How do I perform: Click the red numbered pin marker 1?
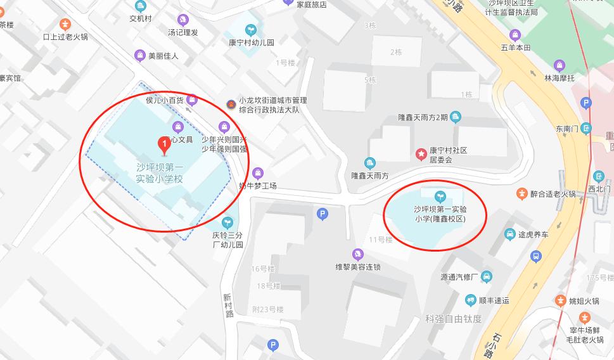click(x=164, y=146)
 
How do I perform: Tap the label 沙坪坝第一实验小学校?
click(x=160, y=173)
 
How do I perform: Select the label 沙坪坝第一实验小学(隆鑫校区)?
click(x=440, y=214)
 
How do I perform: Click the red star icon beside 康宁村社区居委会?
click(x=419, y=153)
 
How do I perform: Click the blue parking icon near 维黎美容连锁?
click(x=323, y=215)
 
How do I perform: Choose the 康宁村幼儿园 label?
click(x=251, y=43)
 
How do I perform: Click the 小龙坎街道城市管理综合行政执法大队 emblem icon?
click(x=231, y=104)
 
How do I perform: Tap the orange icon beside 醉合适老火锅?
click(x=521, y=193)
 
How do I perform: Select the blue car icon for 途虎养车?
click(x=509, y=235)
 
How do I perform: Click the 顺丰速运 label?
click(x=494, y=300)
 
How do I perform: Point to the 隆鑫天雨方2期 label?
click(x=423, y=117)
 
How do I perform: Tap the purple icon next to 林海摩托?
click(x=559, y=65)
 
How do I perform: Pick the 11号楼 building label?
click(x=380, y=240)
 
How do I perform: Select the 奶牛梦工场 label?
click(x=257, y=186)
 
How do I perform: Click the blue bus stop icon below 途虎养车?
click(x=536, y=256)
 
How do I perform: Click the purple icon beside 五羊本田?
click(x=515, y=34)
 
